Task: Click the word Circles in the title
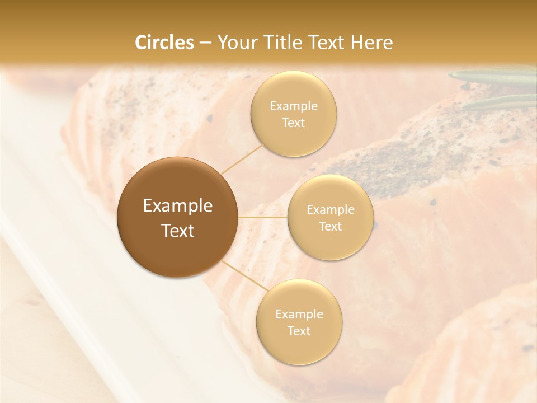[164, 43]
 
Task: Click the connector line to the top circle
[242, 158]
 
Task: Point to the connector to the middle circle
[263, 217]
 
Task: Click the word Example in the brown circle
[177, 206]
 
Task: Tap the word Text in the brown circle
[177, 231]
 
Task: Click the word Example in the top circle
[293, 106]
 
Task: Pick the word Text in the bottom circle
[299, 331]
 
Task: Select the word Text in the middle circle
[330, 226]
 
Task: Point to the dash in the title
[205, 43]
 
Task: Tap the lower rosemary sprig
[498, 102]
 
